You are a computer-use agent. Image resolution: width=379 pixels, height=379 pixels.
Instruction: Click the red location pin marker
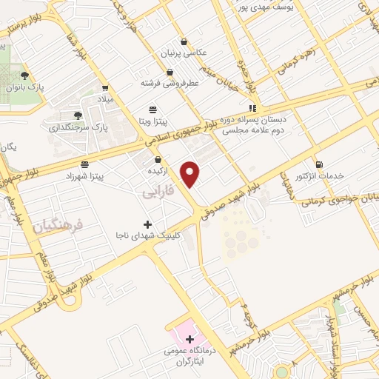tap(191, 174)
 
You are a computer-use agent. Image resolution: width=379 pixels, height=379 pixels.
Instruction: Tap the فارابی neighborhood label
tap(157, 191)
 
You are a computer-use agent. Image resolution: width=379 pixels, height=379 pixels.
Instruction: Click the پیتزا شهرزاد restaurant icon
tap(85, 164)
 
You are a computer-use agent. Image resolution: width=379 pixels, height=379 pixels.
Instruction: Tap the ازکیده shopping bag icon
tap(157, 160)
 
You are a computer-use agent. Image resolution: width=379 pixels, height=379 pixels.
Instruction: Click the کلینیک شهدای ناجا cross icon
tap(147, 224)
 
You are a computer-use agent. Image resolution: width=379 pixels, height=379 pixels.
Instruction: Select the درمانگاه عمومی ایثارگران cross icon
tap(189, 339)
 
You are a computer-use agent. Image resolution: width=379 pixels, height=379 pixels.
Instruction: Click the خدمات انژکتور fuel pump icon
tap(318, 164)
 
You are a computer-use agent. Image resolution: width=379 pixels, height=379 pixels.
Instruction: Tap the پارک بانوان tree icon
tap(24, 75)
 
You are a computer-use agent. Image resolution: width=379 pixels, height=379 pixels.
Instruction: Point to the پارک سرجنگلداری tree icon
tap(78, 115)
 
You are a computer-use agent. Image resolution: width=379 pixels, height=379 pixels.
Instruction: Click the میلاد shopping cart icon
tap(104, 87)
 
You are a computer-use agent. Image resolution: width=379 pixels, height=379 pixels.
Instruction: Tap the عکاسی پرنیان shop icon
tap(171, 42)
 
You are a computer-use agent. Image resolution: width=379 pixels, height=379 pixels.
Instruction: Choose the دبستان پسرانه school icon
tap(253, 107)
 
